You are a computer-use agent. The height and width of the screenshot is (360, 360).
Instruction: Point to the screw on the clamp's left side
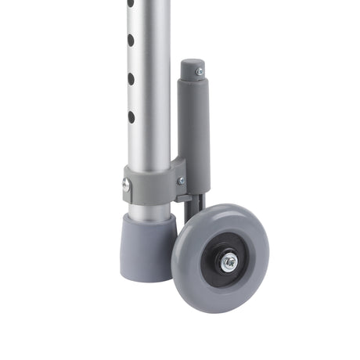[126, 185]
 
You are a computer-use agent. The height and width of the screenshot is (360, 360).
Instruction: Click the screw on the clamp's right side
[182, 181]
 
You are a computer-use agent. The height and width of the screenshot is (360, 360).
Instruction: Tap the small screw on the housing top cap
[199, 71]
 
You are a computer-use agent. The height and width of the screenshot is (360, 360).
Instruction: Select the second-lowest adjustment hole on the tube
[131, 78]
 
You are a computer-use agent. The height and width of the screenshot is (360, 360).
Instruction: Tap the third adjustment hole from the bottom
[131, 40]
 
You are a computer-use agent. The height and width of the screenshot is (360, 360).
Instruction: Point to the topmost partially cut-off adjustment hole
[131, 4]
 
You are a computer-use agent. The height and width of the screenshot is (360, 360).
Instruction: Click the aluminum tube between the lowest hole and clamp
[149, 145]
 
